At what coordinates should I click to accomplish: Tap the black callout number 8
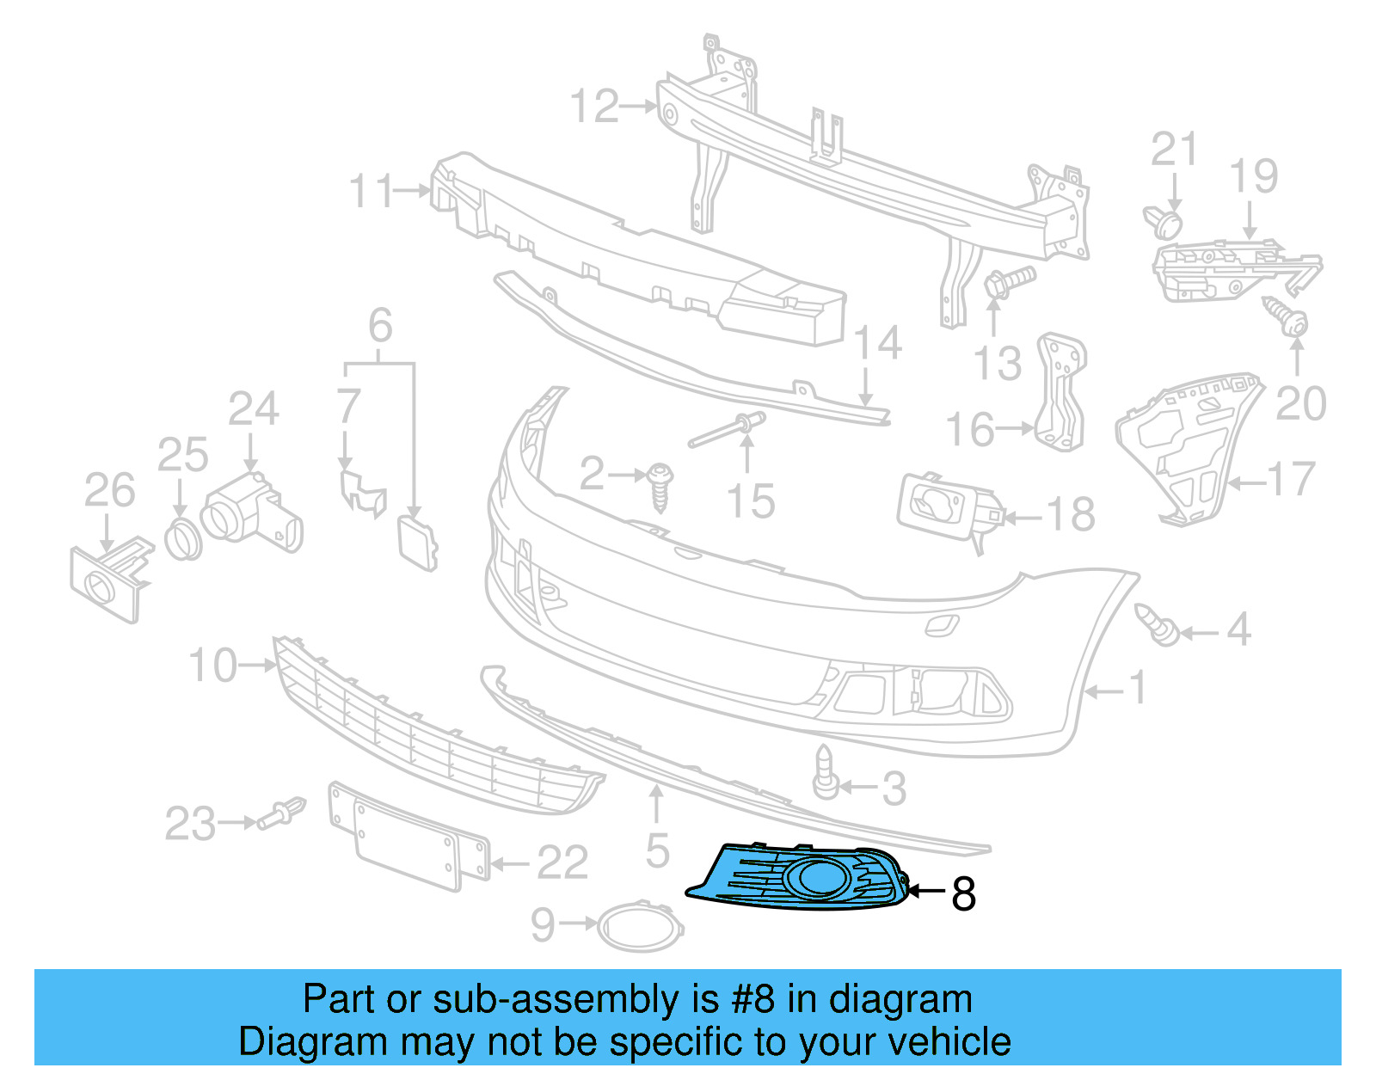point(963,894)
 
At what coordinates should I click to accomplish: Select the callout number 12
point(594,107)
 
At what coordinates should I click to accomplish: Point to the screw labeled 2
point(660,485)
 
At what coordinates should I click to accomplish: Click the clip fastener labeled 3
point(825,773)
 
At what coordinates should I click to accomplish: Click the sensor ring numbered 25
point(182,540)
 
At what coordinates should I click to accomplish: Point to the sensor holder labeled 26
point(107,580)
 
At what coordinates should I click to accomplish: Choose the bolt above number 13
point(1007,282)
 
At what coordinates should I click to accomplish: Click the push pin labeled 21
point(1164,221)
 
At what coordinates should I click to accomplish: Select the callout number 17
point(1292,480)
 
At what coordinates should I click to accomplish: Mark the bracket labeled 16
point(1063,391)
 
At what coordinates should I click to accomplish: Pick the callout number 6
point(380,326)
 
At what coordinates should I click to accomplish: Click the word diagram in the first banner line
point(900,999)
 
